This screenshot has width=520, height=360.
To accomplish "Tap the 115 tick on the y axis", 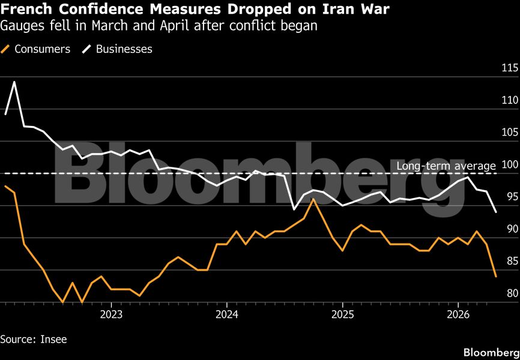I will coord(509,68).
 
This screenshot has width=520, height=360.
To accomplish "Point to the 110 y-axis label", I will coord(509,100).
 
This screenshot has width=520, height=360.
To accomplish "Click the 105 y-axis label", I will coord(509,133).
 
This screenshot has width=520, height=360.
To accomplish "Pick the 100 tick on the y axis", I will coord(509,164).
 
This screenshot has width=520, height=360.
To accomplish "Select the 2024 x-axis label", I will coord(227,315).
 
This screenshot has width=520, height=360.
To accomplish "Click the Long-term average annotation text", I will coord(446,166).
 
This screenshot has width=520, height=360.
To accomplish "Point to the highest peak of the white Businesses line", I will coord(14,82).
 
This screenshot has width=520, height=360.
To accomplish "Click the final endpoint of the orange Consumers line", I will coord(496,277).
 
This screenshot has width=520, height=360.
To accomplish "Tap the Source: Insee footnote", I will coord(34,339).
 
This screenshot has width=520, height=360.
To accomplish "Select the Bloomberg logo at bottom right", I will coord(492,351).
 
